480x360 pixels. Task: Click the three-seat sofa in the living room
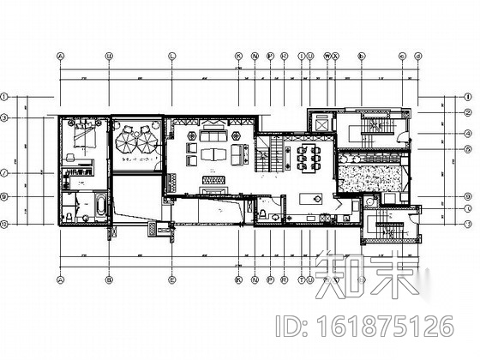click(x=213, y=134)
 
